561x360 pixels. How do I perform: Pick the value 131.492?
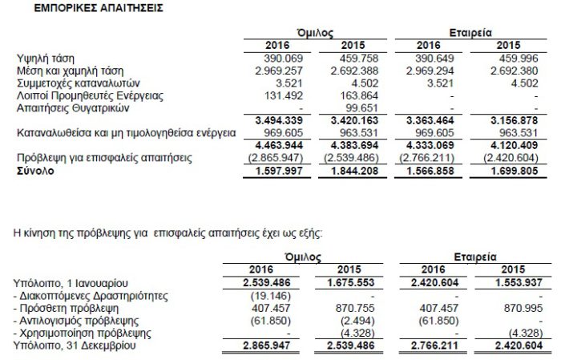click(277, 94)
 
